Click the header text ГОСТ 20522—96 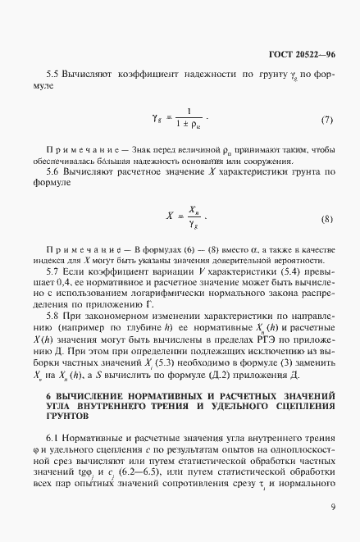302,56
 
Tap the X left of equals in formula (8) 169,219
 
